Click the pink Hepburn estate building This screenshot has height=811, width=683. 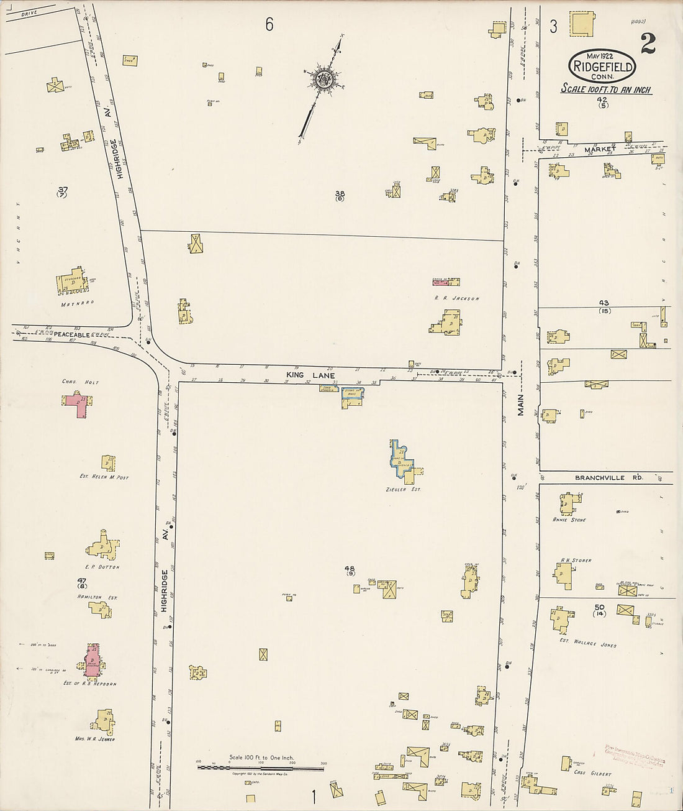pos(93,659)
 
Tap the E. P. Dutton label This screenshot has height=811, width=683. pos(102,567)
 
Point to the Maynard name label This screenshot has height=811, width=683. pos(77,303)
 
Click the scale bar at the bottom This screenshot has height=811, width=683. pos(261,767)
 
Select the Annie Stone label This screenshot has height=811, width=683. pos(569,520)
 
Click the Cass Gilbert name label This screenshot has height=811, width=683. pos(592,774)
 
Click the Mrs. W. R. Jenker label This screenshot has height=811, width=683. pos(97,739)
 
